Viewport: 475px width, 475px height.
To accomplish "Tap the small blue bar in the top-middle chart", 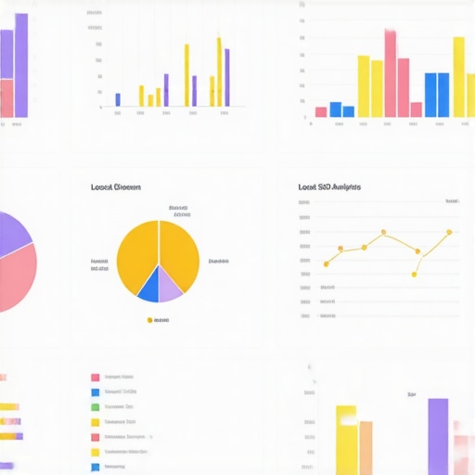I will [x=118, y=99].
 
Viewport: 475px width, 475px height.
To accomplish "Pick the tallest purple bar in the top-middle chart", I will [x=226, y=78].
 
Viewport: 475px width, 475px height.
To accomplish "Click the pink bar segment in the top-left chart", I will [x=6, y=98].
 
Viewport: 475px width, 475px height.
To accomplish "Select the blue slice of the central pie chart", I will [x=149, y=286].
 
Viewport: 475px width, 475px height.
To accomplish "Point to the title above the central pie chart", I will [x=116, y=187].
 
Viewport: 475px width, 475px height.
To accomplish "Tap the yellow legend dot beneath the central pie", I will [x=149, y=320].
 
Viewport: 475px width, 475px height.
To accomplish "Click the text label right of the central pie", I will [x=219, y=262].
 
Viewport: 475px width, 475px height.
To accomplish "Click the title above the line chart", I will [x=329, y=187].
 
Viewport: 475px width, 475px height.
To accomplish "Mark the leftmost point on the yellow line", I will [x=326, y=264].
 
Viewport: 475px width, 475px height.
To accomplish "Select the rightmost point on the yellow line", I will [x=449, y=232].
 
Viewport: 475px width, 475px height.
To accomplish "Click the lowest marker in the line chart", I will [x=415, y=274].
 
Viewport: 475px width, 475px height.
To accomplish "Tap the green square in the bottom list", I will [x=95, y=406].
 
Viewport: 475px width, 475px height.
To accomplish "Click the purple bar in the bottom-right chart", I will [x=438, y=436].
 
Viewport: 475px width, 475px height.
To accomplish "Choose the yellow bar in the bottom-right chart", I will [x=346, y=440].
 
